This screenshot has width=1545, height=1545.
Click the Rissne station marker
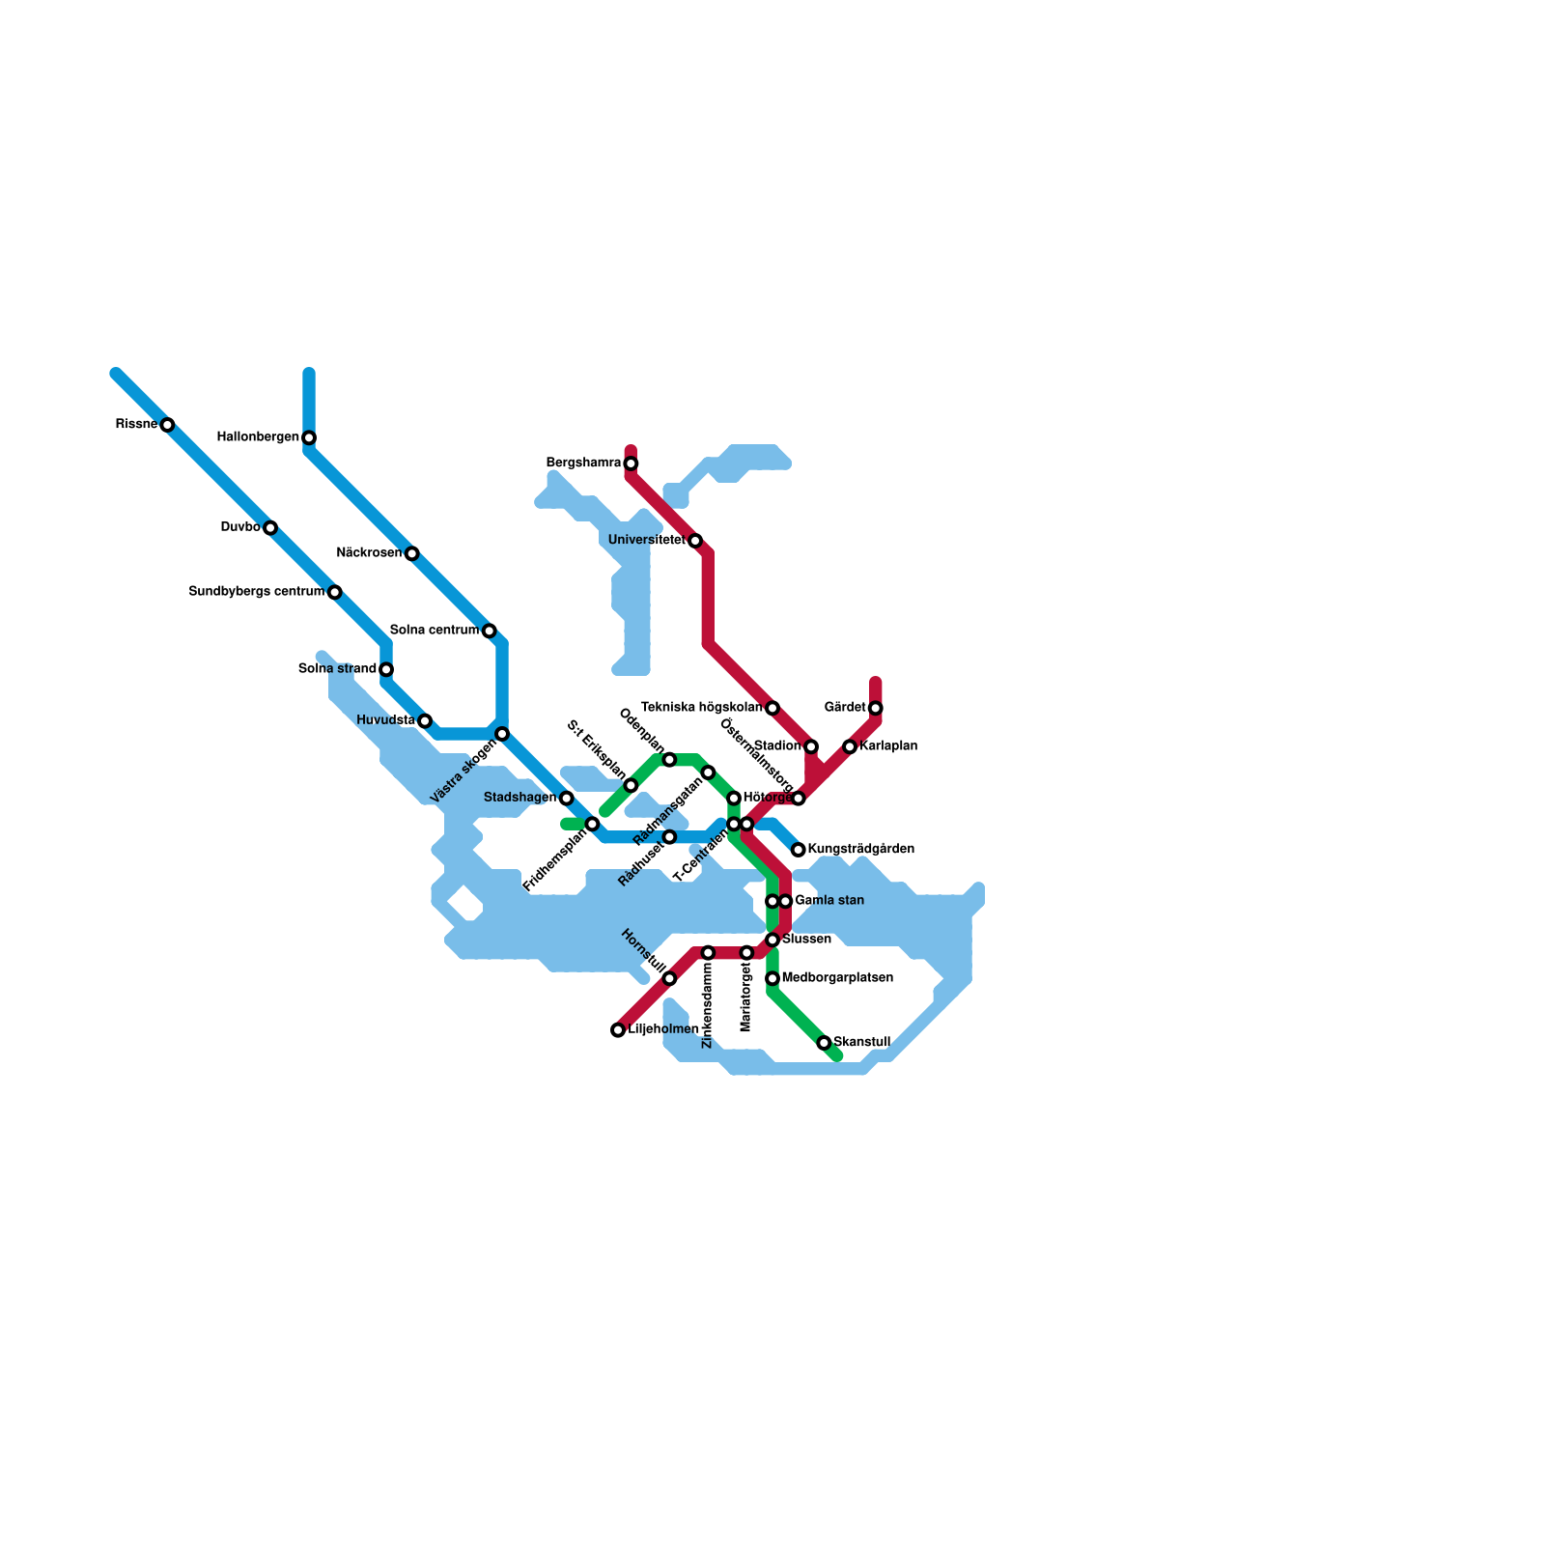(167, 425)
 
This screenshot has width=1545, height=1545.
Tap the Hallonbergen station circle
(309, 437)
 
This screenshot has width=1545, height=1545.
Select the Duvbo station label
(240, 527)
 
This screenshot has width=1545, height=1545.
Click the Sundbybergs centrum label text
(256, 591)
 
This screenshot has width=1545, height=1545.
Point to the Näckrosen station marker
(411, 553)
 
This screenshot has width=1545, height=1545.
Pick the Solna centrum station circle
(489, 631)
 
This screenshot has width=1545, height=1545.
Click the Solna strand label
(337, 668)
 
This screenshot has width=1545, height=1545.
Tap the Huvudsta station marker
(425, 721)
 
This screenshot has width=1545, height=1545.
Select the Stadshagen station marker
(566, 798)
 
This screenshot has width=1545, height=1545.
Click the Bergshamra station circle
(631, 463)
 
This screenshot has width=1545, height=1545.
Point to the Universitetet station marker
(695, 541)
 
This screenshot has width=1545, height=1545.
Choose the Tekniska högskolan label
(702, 708)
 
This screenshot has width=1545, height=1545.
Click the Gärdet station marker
(876, 708)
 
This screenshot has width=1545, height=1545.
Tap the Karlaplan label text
(888, 746)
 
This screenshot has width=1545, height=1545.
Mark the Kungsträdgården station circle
(799, 850)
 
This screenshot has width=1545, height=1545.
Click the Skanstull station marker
(824, 1043)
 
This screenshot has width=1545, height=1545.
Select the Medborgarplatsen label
(837, 978)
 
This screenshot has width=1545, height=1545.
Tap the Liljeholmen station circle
(618, 1030)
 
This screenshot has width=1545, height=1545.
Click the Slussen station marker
(772, 940)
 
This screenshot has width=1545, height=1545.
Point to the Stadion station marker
(811, 746)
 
